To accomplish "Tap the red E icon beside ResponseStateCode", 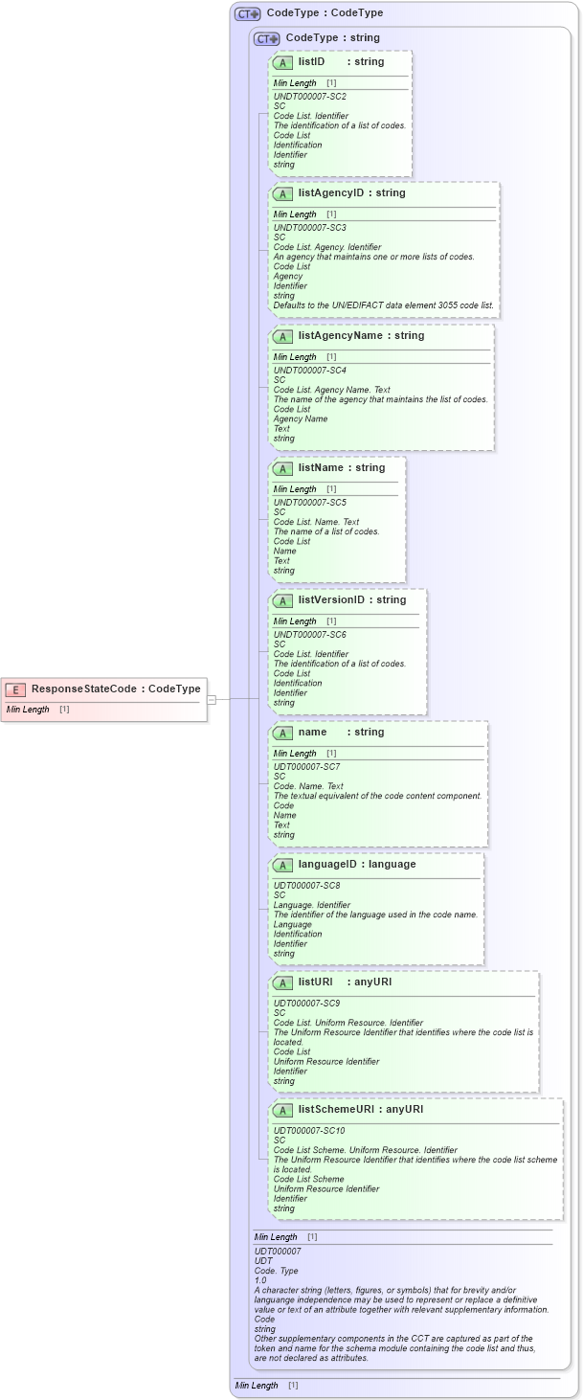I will (x=16, y=689).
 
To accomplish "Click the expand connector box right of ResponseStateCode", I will (x=212, y=699).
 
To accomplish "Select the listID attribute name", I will (x=312, y=62).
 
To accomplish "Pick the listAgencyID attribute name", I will (x=331, y=193).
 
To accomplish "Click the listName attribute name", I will (x=321, y=468).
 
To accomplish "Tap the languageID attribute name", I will (x=327, y=865).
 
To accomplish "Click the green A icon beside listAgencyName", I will (x=282, y=337).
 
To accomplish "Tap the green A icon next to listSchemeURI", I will (x=282, y=1111).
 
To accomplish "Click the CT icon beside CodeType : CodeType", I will (x=248, y=14).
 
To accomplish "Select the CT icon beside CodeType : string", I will (x=267, y=39).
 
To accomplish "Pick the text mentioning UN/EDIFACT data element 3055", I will (x=384, y=305).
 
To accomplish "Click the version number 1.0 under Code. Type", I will (x=260, y=1280).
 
